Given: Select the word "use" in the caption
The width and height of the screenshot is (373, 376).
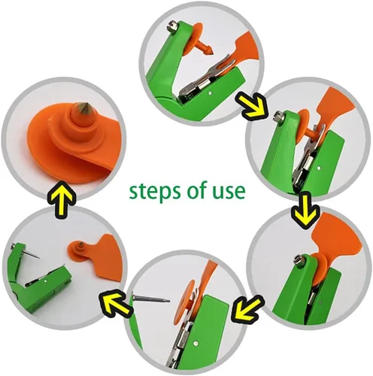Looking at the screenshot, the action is pos(229,192).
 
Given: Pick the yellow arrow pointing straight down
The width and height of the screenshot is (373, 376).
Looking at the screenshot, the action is pos(305,211).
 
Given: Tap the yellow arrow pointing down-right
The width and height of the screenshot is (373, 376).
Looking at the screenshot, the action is pos(251,105).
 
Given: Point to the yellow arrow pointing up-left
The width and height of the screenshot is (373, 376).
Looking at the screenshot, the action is pos(116,303).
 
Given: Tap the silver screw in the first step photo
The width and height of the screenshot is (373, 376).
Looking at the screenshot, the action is pos(171,26).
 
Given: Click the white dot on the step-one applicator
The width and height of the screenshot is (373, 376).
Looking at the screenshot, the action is pos(211,93).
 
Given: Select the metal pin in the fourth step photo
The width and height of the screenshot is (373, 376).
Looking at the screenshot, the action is pos(151,299).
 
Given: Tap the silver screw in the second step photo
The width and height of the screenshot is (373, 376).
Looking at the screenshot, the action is pos(278,116).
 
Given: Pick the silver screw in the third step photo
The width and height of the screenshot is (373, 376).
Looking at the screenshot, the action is pos(298,259).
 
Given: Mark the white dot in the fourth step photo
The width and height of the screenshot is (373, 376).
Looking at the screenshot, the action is pos(196,341).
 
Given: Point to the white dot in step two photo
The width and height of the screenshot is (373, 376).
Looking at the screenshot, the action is pos(318,168).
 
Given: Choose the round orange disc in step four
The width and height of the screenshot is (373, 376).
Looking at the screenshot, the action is pos(190,302).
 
